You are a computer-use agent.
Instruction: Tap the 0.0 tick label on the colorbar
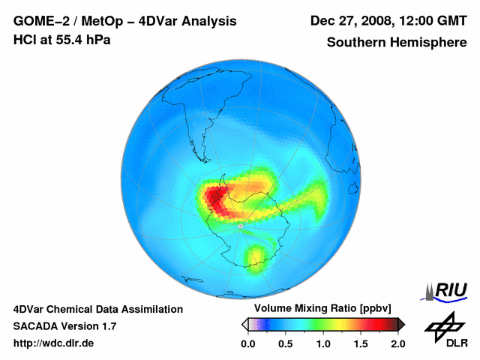click(247, 343)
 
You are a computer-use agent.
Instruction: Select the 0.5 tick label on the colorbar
click(285, 343)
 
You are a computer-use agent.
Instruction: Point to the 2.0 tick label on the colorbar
click(397, 343)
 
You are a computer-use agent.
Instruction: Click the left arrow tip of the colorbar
click(244, 324)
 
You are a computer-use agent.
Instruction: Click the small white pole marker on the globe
click(240, 225)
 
